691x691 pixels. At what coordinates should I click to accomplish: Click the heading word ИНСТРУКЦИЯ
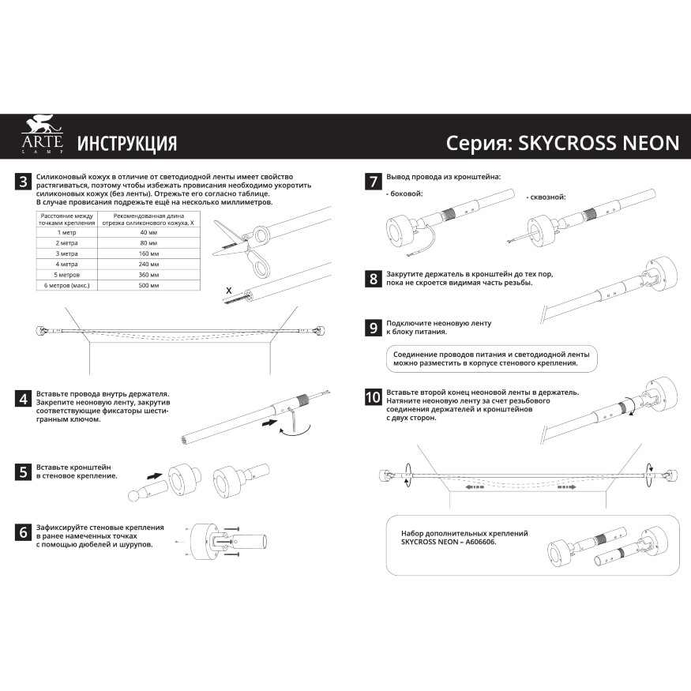[126, 144]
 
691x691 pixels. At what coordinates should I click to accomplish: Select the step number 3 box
[24, 182]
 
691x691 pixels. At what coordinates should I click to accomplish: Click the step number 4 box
[24, 399]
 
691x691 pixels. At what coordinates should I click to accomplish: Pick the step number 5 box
[24, 472]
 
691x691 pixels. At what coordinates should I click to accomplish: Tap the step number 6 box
[24, 532]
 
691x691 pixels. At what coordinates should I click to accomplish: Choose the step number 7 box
[373, 182]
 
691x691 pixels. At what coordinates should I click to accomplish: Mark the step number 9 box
[373, 328]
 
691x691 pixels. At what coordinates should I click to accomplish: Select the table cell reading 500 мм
[148, 284]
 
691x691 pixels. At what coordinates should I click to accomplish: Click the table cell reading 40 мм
[148, 233]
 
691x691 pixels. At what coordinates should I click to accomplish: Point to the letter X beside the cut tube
[228, 291]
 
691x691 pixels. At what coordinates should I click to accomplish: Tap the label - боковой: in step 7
[404, 193]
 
